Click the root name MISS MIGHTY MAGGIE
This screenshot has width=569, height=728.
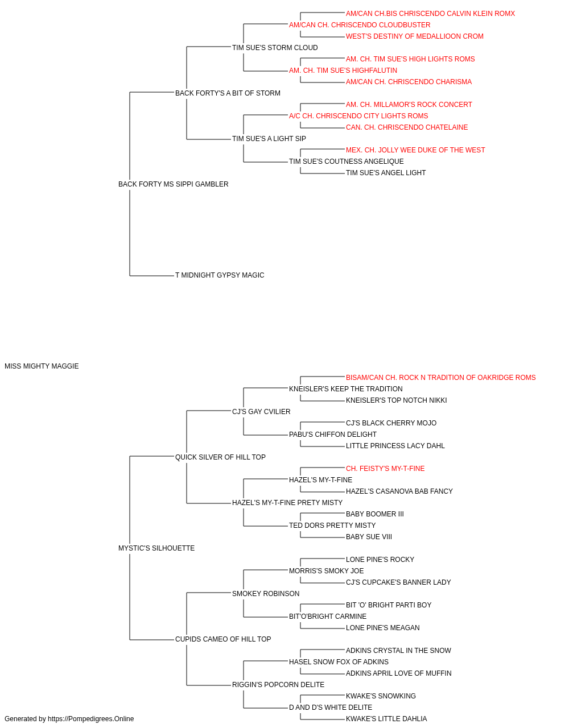click(42, 366)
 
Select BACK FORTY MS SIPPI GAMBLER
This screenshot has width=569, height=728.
click(173, 184)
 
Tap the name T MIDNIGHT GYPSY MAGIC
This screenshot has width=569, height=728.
click(220, 275)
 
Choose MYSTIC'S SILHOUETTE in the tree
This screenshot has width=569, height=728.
click(156, 548)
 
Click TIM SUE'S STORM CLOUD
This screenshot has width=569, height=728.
click(275, 48)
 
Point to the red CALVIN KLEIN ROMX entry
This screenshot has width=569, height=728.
click(430, 14)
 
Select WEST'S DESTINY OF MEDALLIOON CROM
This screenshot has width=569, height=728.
click(415, 36)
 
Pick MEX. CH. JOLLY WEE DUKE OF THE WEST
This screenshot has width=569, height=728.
click(415, 150)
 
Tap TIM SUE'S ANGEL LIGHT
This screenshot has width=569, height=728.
click(386, 173)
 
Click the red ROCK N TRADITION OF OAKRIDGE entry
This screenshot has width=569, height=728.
click(440, 378)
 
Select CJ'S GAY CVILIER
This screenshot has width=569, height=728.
click(261, 412)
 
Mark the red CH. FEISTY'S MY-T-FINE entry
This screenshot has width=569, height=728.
click(385, 469)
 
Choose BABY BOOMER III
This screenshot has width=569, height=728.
click(374, 514)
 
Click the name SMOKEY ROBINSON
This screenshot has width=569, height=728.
click(266, 594)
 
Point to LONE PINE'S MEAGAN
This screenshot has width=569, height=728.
click(383, 628)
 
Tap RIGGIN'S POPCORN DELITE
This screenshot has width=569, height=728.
click(278, 685)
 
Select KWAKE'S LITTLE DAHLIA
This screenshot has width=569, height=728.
click(386, 719)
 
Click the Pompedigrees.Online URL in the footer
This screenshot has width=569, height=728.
click(90, 719)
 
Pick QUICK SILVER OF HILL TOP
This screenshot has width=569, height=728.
click(220, 457)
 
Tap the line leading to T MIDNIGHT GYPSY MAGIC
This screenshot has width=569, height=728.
click(152, 276)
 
